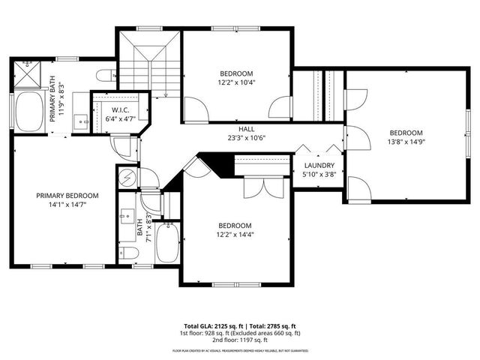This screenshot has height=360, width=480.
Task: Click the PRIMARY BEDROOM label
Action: tap(67, 195)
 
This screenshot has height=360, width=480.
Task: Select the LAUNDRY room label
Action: tap(319, 165)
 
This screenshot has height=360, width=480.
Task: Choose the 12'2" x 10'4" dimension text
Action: tap(235, 82)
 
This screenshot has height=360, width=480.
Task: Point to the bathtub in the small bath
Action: tap(167, 241)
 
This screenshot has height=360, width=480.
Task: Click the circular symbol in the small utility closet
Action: tap(127, 178)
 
